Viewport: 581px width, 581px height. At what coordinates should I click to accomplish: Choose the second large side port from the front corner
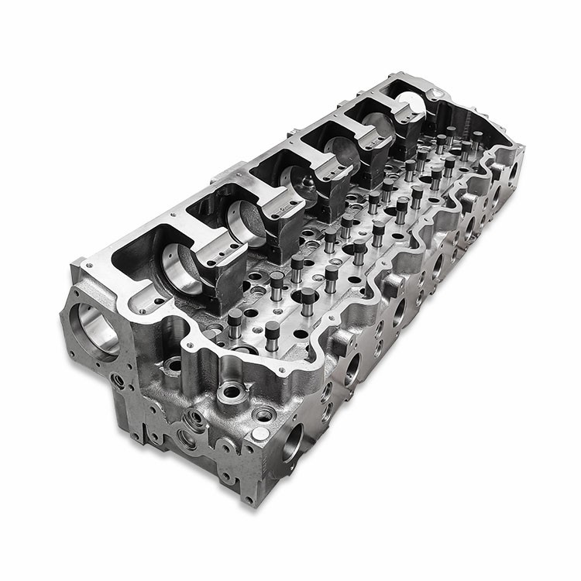pos(353,369)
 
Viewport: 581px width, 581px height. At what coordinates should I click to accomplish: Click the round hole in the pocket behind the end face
pos(176,363)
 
